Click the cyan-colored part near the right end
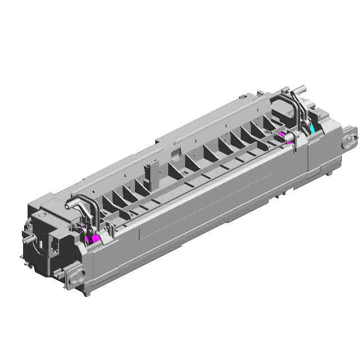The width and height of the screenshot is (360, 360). click(312, 128)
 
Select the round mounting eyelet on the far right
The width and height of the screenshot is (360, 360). click(350, 137)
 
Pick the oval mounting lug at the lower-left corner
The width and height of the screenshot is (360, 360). click(75, 274)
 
